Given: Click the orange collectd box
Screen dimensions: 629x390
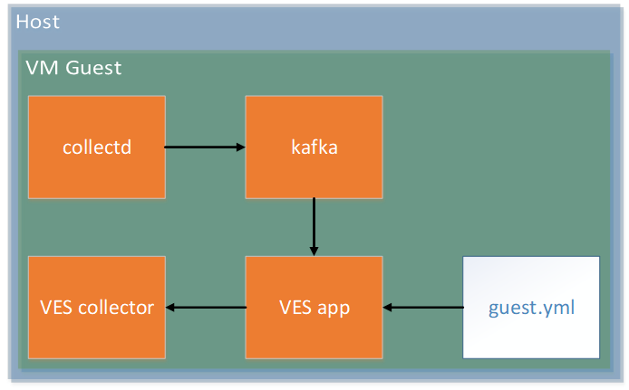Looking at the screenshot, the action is (97, 147).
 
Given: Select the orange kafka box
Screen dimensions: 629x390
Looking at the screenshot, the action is (314, 147).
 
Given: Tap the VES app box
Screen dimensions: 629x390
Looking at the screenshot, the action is (314, 307).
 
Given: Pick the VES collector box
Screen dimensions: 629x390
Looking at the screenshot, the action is (97, 307).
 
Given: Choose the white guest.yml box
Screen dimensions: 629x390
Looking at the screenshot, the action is (531, 307).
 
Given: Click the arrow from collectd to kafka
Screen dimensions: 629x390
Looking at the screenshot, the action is (205, 147).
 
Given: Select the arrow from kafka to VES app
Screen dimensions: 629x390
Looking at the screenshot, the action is (314, 226).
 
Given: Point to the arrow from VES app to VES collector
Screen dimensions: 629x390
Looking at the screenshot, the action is (206, 307).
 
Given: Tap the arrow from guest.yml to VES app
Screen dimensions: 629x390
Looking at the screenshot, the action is (423, 307).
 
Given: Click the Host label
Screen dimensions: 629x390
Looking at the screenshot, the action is (38, 22).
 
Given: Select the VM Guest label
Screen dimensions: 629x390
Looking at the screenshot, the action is (73, 68).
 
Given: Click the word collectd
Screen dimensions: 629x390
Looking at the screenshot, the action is (97, 147).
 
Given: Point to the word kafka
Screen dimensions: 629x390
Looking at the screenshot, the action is (314, 147).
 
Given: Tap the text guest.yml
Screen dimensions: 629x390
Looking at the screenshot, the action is (531, 309).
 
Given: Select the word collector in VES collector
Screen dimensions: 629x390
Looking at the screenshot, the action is (116, 308).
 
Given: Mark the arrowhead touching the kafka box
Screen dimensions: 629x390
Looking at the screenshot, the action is (241, 147).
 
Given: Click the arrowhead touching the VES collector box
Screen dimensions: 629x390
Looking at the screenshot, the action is (170, 307).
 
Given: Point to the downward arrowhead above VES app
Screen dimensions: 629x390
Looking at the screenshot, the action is (314, 252).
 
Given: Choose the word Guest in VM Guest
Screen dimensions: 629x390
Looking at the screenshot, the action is (93, 68).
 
